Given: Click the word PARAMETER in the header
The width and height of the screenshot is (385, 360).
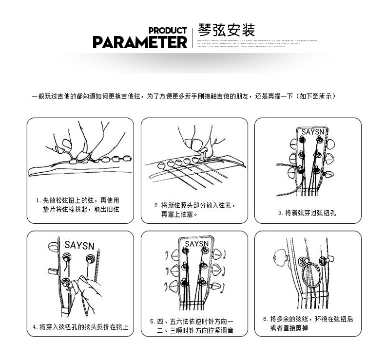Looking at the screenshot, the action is (x=139, y=42).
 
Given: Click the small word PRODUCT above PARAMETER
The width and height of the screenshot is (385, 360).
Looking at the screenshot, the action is (x=167, y=31).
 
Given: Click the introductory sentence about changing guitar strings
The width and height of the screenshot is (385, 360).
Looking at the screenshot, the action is (x=184, y=96).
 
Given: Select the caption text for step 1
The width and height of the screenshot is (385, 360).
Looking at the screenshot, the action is (x=77, y=204).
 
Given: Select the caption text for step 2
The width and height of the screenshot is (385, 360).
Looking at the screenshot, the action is (x=194, y=209).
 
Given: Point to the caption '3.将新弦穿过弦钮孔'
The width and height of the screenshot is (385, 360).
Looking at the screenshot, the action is (x=307, y=213).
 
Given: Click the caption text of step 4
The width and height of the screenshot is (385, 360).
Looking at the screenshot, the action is (x=80, y=326).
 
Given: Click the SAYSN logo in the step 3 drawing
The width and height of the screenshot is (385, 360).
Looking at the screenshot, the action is (x=311, y=132).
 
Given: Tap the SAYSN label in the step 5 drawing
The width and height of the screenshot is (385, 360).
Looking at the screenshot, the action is (x=196, y=243).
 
